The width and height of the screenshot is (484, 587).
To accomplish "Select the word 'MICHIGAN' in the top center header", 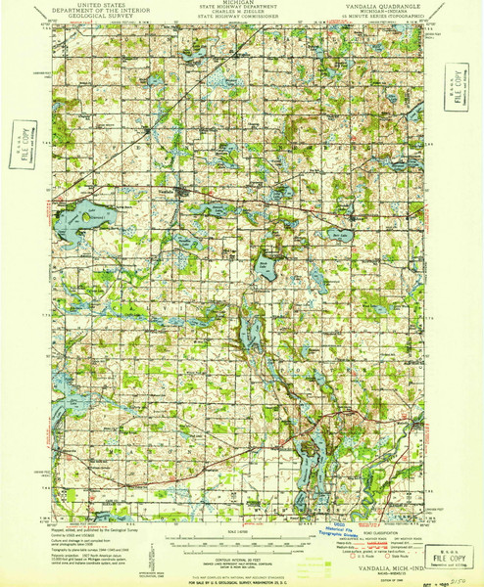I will point(241,5).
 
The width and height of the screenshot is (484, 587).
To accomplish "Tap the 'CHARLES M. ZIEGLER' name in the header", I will point(241,13).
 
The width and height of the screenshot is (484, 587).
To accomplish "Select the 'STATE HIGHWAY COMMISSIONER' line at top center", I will point(241,18).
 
